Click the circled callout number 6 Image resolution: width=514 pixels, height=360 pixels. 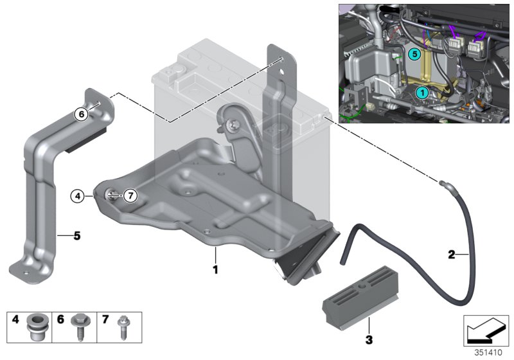pyautogui.click(x=80, y=114)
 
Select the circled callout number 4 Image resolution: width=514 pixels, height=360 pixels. pyautogui.click(x=77, y=195)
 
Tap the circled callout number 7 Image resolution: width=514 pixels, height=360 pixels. pyautogui.click(x=130, y=195)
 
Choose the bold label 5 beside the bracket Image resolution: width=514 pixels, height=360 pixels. pyautogui.click(x=76, y=236)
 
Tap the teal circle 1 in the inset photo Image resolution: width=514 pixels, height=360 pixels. pyautogui.click(x=422, y=93)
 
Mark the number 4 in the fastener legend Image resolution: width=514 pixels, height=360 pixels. pyautogui.click(x=15, y=319)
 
